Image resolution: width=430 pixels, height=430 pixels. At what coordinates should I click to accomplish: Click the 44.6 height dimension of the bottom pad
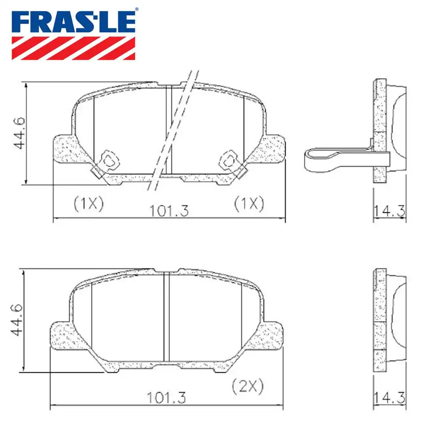coord(16,321)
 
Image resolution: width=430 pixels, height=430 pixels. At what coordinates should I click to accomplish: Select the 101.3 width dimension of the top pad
coord(169,211)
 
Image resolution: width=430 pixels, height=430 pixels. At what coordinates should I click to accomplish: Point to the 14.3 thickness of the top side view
coord(389,211)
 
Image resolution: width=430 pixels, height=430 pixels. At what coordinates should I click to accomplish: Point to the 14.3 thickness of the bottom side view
coord(389,398)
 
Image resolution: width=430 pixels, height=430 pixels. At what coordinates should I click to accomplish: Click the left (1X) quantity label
coord(88,203)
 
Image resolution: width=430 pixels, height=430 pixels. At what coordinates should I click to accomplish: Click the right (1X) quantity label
coord(249,203)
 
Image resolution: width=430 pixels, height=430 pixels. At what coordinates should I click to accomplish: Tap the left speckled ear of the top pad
coord(64,148)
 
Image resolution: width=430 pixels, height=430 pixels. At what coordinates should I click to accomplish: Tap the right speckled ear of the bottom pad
coord(271,335)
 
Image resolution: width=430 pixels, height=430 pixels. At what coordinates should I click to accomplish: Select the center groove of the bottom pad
coord(167,318)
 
